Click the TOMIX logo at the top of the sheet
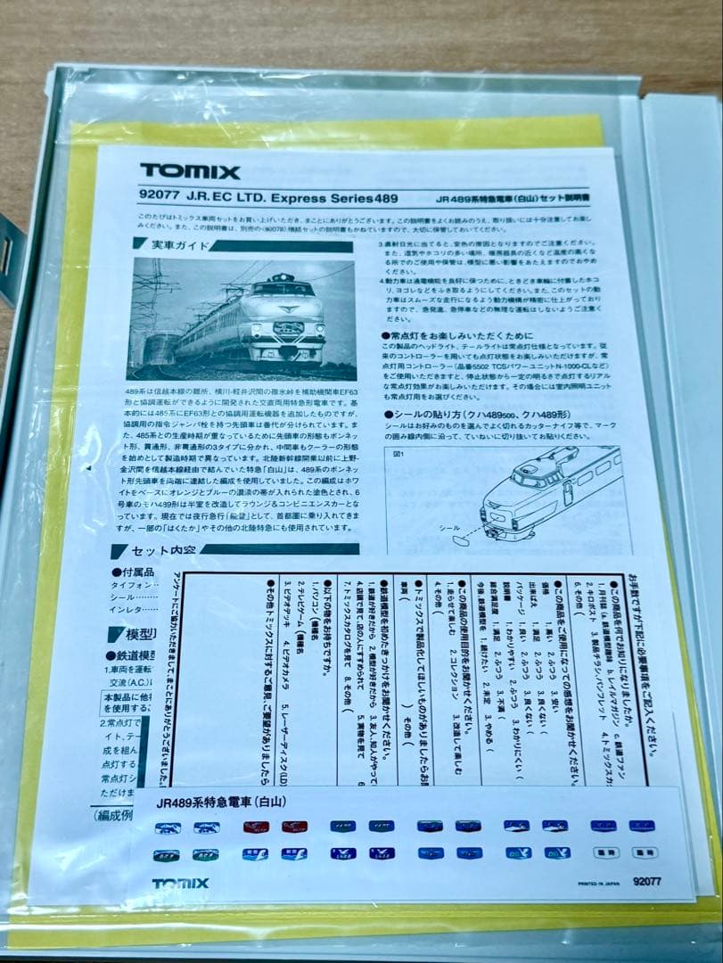coord(189,172)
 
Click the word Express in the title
coord(300,199)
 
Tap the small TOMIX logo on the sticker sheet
coord(180,884)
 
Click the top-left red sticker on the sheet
coord(256,827)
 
